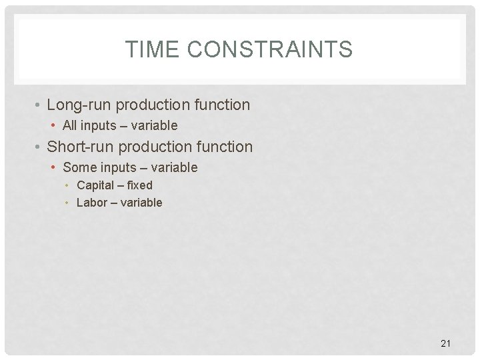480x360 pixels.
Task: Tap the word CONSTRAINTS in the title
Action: click(270, 49)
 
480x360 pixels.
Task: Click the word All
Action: click(69, 125)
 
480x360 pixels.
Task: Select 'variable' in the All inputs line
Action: click(155, 125)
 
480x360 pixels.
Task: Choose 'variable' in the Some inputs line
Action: click(175, 167)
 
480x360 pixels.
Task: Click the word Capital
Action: click(95, 185)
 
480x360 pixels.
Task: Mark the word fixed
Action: click(139, 185)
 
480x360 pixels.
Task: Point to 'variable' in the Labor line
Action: click(141, 203)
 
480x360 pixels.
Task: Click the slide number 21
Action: click(446, 343)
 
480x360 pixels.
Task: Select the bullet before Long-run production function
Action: click(40, 105)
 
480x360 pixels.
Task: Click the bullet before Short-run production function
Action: click(40, 147)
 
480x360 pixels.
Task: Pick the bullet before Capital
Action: click(69, 186)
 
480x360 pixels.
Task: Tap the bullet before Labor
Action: click(69, 203)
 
